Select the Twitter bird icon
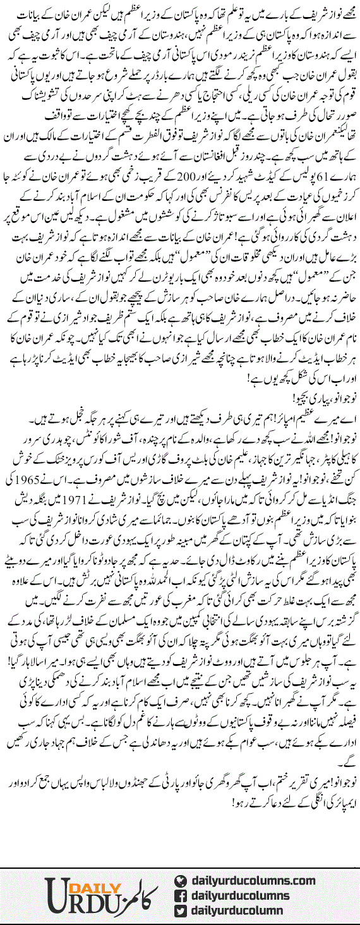click(181, 904)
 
